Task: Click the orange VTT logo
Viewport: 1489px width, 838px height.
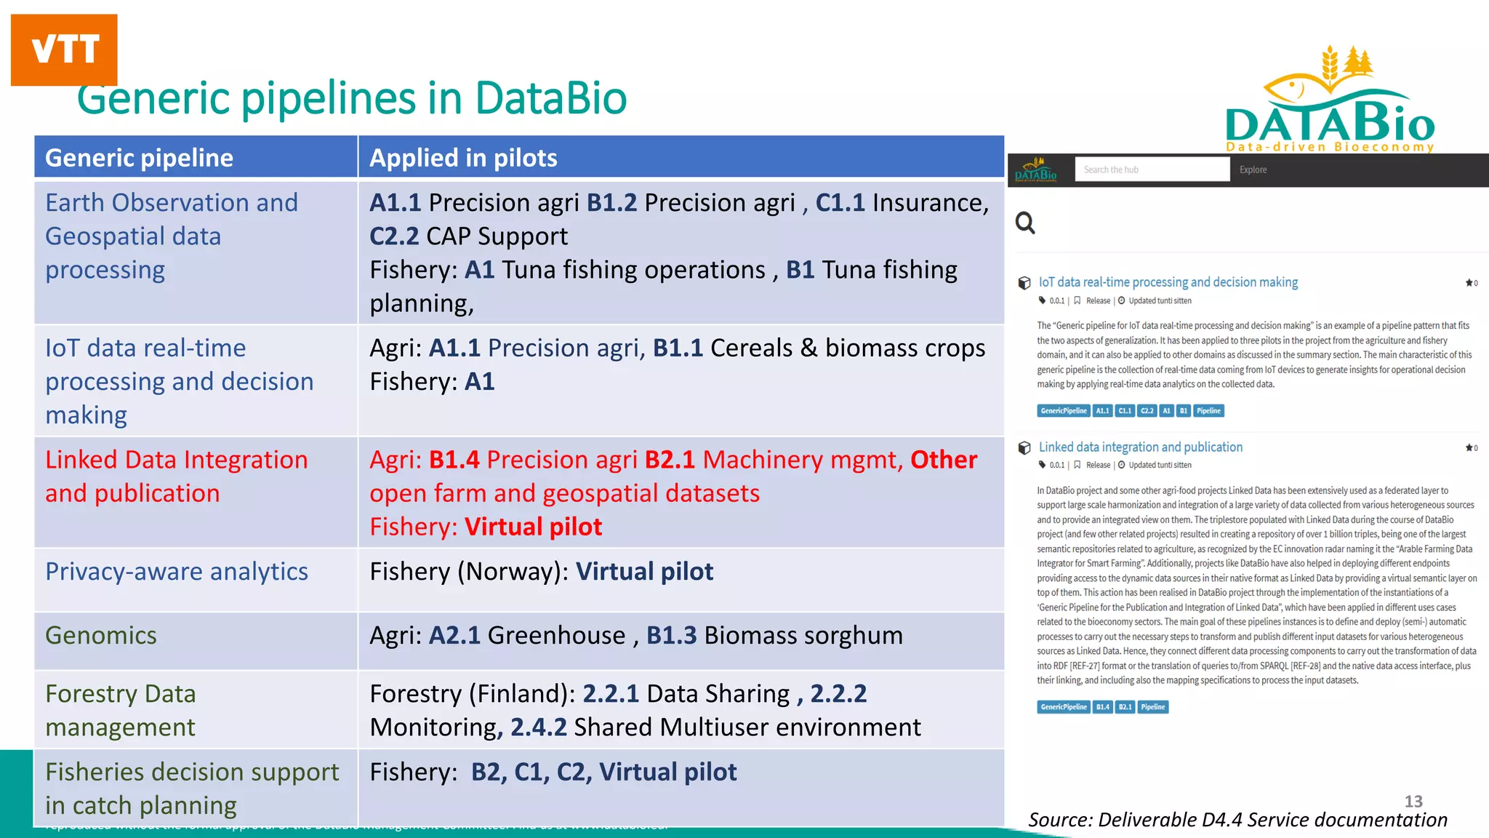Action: [x=64, y=49]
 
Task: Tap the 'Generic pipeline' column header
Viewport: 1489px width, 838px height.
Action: [x=139, y=158]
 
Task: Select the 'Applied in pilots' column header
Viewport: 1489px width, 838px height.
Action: [x=463, y=158]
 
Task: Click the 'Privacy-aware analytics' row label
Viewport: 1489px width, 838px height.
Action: [x=177, y=572]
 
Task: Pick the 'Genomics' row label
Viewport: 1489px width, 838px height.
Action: [x=101, y=636]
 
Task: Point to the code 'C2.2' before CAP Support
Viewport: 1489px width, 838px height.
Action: [x=394, y=236]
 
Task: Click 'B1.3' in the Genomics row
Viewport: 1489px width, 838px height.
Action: [x=671, y=636]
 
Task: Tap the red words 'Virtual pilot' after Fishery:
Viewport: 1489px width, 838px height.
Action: [x=534, y=527]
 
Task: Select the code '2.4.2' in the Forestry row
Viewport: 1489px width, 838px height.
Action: [x=538, y=727]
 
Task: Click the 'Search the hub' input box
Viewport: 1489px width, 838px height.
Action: [x=1152, y=169]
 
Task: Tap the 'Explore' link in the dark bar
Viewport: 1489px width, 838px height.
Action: [x=1253, y=169]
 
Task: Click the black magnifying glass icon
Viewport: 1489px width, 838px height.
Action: [x=1025, y=223]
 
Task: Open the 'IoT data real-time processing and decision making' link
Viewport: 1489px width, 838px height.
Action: [x=1168, y=282]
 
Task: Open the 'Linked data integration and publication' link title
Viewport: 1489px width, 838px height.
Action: [x=1140, y=447]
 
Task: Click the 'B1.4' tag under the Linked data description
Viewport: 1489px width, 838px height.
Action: [x=1103, y=707]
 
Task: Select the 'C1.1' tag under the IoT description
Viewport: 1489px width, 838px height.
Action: [x=1125, y=411]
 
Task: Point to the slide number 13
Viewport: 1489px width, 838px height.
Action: [x=1413, y=801]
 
